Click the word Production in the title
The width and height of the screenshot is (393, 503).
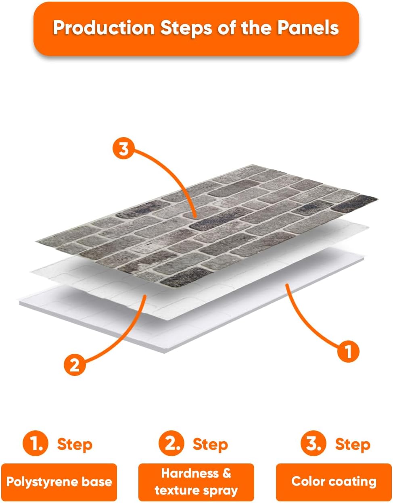click(x=104, y=28)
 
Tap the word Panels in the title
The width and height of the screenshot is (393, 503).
click(x=308, y=28)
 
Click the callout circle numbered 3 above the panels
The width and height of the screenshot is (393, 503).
click(x=123, y=148)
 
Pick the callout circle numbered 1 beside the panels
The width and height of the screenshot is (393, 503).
click(x=348, y=351)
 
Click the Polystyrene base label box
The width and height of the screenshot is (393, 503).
click(x=59, y=482)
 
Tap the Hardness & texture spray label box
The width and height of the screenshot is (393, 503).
click(x=196, y=482)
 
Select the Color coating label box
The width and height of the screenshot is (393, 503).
click(x=334, y=482)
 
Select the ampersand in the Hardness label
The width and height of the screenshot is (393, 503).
click(x=227, y=473)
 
